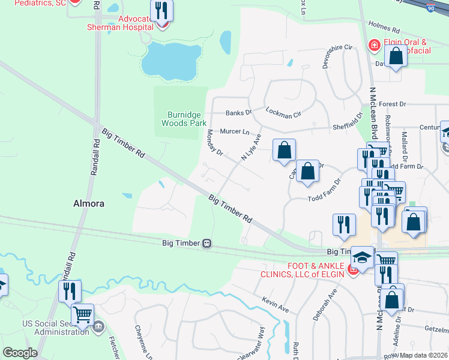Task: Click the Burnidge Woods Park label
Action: coord(184,118)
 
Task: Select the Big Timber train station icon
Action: coord(206,244)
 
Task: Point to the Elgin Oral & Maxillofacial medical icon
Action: coord(374,46)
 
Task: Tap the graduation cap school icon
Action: coord(362,258)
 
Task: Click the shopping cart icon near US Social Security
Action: coord(82,314)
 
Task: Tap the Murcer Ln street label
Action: coord(235,131)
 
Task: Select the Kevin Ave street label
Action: coord(276,304)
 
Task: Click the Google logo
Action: coord(19,352)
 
